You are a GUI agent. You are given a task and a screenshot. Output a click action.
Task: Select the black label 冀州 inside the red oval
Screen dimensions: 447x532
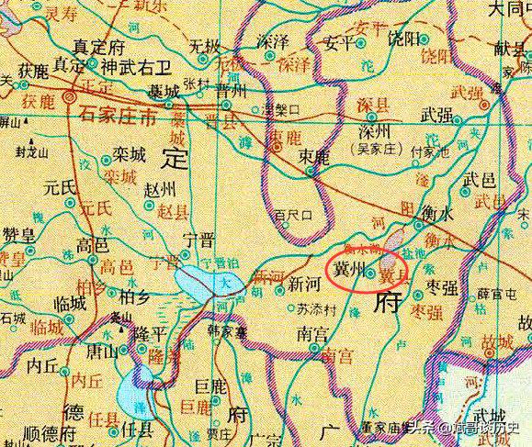pos(353,273)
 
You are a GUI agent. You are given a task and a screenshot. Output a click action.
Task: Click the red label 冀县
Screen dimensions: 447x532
pos(392,274)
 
